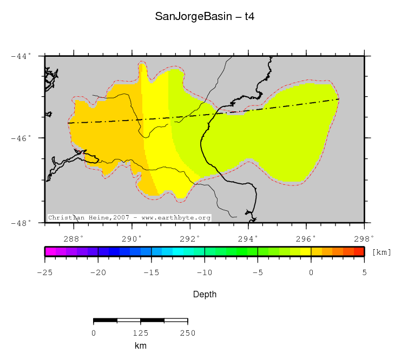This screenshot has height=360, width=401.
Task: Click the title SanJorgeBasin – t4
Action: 205,17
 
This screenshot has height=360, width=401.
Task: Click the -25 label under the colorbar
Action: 44,272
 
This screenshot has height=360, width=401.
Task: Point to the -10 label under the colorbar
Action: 204,272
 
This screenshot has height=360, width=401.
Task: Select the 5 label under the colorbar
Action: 364,272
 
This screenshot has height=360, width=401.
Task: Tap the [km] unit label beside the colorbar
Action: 382,252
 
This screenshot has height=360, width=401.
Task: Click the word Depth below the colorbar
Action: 205,295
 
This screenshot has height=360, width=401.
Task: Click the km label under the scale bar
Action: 141,346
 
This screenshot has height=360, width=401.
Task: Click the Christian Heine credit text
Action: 129,218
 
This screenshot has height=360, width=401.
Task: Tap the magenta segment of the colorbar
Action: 50,251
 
